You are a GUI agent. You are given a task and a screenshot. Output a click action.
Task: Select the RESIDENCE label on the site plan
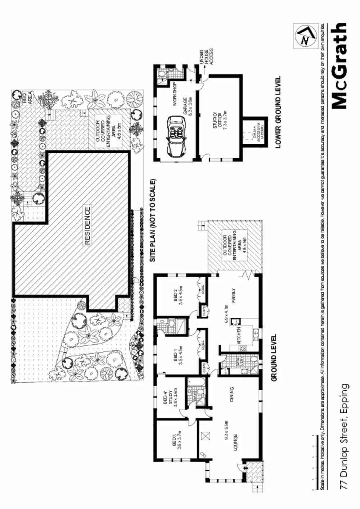[x=87, y=226]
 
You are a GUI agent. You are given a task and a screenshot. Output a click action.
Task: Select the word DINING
[x=231, y=395]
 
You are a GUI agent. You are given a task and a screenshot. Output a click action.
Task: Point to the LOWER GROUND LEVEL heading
[x=278, y=112]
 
